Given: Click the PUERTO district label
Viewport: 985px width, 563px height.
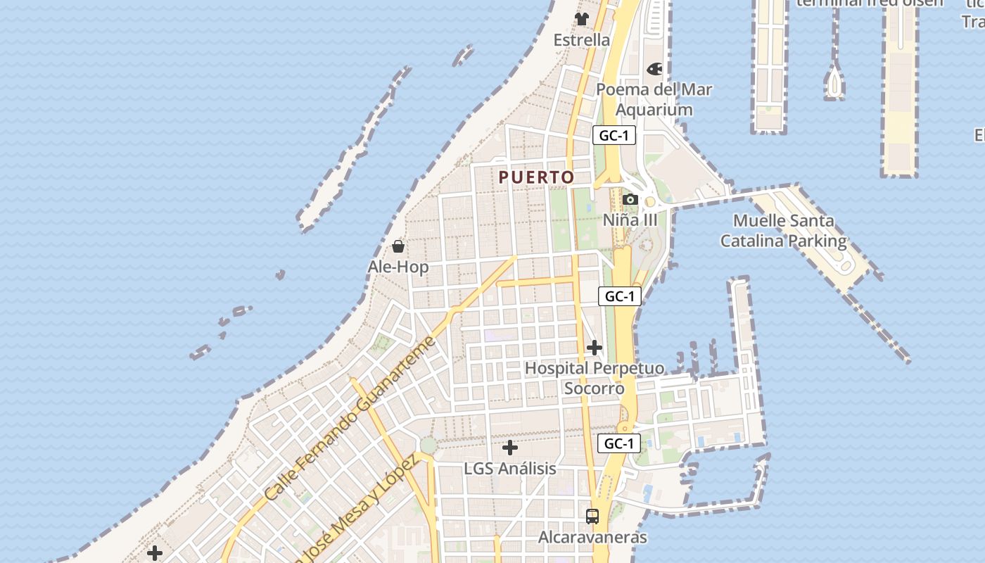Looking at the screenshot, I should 536,177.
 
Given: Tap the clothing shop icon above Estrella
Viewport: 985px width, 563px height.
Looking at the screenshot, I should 582,19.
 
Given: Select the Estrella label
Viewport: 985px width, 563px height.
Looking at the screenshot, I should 582,40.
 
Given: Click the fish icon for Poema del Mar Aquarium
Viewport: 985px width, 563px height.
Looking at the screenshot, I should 654,69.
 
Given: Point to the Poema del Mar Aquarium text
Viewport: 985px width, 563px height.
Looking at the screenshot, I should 654,99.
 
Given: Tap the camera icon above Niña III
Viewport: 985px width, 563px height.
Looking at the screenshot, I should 630,200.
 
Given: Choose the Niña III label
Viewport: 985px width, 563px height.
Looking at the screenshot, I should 630,220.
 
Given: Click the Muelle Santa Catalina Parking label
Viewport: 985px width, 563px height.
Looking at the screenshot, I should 783,231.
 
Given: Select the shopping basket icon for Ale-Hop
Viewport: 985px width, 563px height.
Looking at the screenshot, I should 398,246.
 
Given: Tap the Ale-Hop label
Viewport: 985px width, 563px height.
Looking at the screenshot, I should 398,267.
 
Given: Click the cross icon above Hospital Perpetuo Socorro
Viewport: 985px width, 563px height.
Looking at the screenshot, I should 595,348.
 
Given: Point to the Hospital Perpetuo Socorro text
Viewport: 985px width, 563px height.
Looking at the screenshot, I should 595,378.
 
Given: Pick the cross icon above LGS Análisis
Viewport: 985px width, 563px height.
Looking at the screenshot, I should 510,448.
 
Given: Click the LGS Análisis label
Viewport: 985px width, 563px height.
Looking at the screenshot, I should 510,469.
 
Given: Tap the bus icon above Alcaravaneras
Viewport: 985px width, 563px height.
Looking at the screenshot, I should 592,517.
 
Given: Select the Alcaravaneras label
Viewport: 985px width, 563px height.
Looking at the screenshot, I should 592,538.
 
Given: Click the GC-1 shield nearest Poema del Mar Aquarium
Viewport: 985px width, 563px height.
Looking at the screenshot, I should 614,136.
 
